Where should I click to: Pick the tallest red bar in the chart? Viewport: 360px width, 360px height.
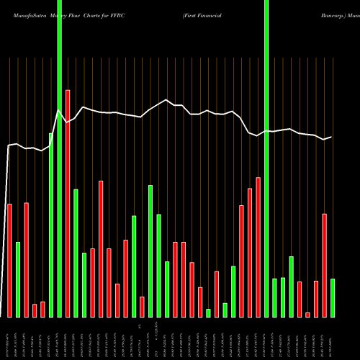point(68,204)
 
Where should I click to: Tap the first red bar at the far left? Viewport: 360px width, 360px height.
point(9,261)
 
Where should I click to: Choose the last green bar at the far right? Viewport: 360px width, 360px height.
point(333,298)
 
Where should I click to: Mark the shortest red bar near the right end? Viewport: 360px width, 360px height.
point(307,315)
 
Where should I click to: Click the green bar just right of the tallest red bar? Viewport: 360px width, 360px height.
point(76,253)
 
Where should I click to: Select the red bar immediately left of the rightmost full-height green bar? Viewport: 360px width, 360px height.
point(258,247)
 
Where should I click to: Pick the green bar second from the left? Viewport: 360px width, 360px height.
point(18,279)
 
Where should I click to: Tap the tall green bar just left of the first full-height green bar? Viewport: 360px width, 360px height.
point(51,225)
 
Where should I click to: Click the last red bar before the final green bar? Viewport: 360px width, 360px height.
point(325,266)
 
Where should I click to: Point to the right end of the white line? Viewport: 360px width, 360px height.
point(331,137)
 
